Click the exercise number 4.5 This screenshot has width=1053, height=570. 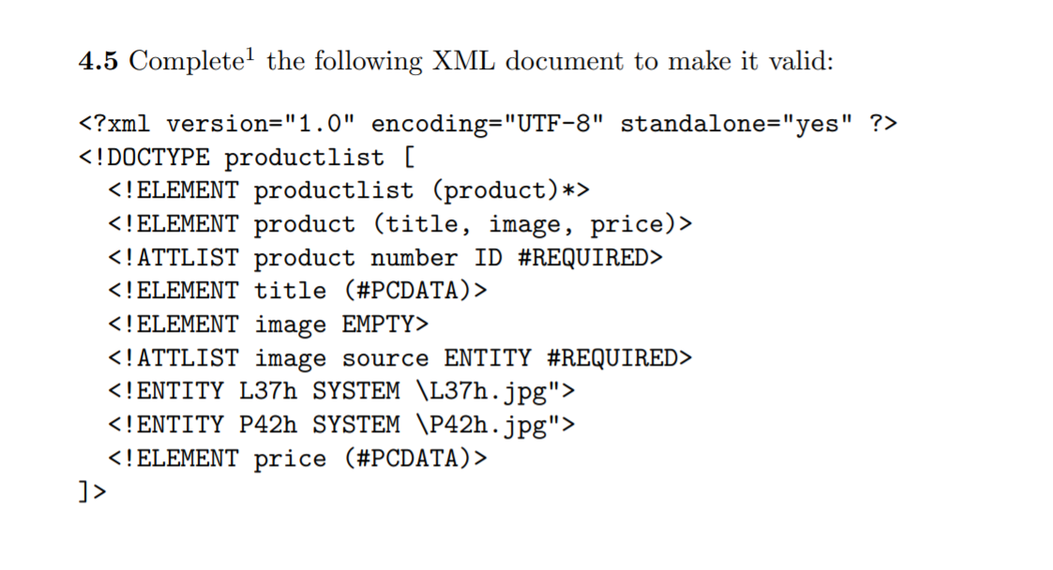[98, 62]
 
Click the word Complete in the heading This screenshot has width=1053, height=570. [184, 62]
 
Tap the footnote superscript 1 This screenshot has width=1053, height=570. [248, 55]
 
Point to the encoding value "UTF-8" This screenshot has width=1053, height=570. [550, 124]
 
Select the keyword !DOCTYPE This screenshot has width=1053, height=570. [152, 157]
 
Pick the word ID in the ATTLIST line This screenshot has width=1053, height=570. [489, 258]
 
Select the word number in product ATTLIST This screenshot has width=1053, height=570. [414, 258]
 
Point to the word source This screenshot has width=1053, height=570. [385, 358]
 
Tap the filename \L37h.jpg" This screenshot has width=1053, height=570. [489, 391]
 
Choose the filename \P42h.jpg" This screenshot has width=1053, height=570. [489, 425]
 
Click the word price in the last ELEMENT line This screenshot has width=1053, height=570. [290, 459]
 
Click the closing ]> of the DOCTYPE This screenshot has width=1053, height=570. [93, 491]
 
